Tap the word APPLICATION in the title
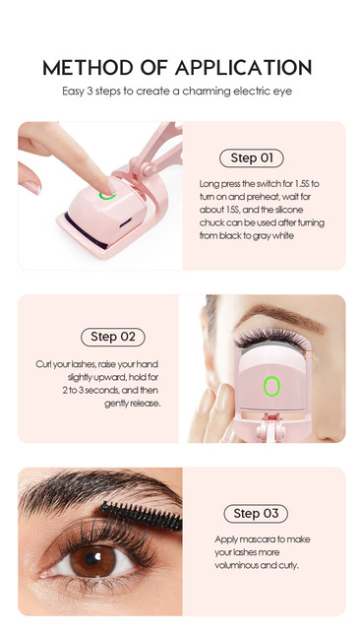(x=243, y=68)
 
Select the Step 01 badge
(x=252, y=158)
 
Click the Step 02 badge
(x=113, y=337)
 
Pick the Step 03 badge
(x=256, y=514)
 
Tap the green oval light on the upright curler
(x=271, y=386)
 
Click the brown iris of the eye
(x=93, y=560)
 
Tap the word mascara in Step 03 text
(x=253, y=539)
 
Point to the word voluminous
(x=236, y=565)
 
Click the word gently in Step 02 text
(x=116, y=404)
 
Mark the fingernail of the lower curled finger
(x=30, y=187)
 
